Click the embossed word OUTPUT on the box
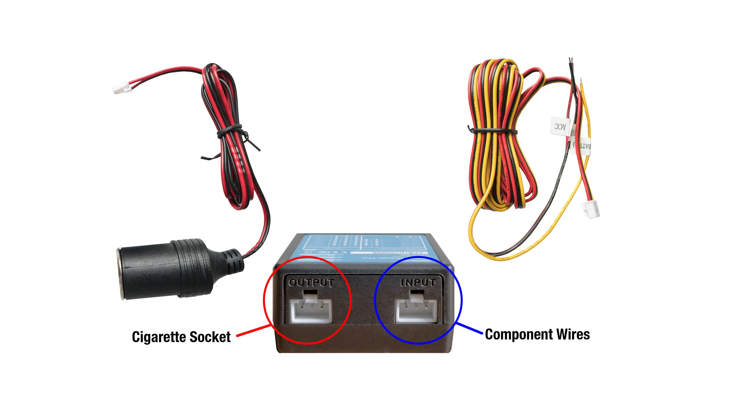[311, 283]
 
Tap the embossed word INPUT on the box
[418, 282]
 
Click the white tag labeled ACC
[560, 127]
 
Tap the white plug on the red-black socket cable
[121, 88]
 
